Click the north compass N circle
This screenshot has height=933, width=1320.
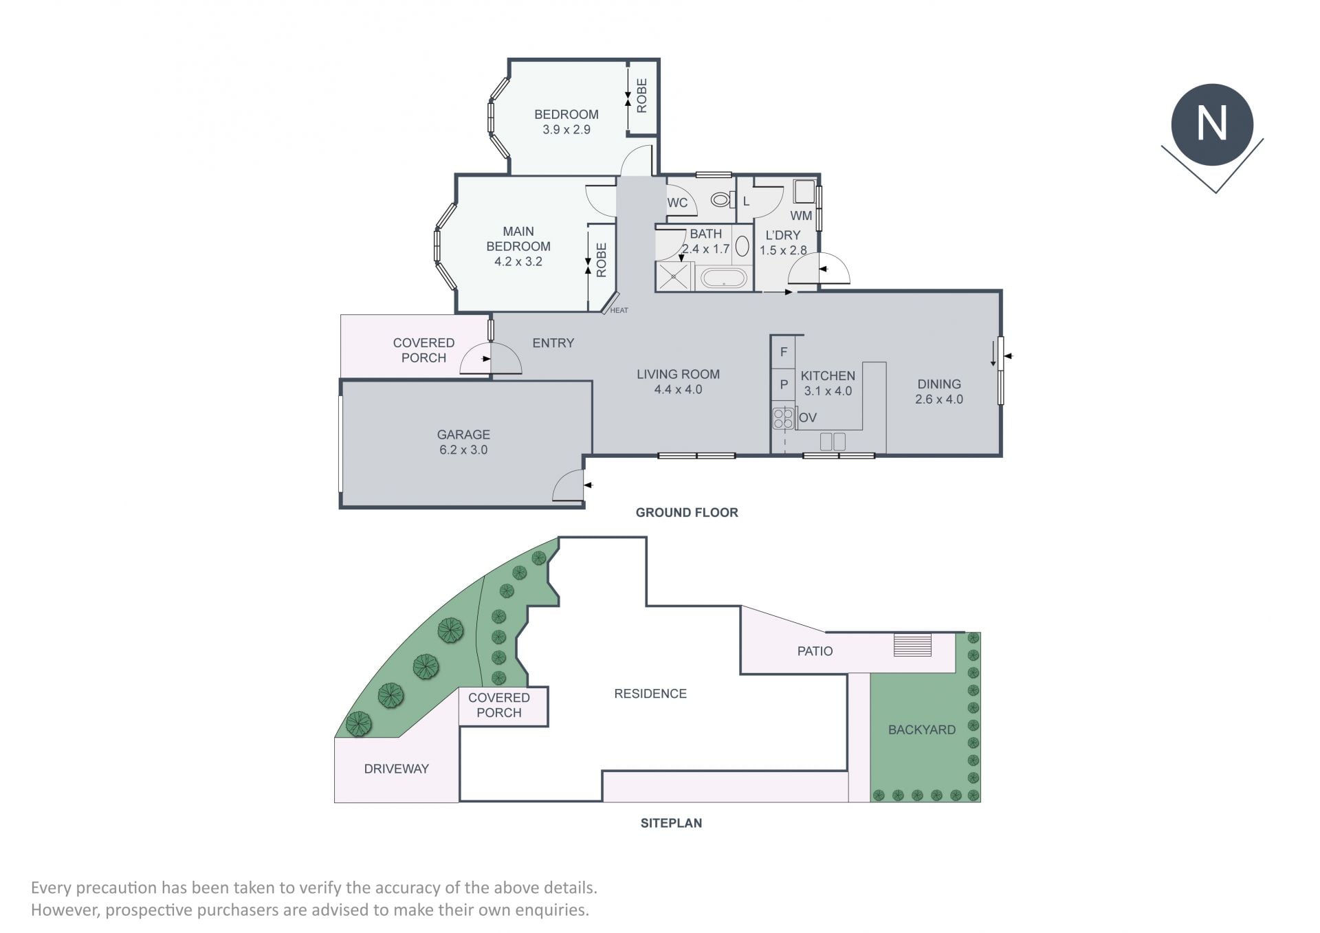pos(1212,124)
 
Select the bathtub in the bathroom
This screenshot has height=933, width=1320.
pos(723,278)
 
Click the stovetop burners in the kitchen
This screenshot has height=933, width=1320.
pos(782,418)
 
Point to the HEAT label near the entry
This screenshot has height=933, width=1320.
pos(619,310)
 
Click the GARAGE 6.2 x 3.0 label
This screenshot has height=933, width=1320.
pos(463,442)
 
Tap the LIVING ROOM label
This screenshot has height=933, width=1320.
pos(678,374)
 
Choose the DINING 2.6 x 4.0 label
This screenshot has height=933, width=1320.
pos(939,391)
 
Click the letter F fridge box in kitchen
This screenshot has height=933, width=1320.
pos(783,352)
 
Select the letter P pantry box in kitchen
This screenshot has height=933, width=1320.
pos(783,385)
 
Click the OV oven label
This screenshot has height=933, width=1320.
pos(808,417)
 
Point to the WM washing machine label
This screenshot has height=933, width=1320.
pos(802,215)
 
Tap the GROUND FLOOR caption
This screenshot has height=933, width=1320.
pos(687,512)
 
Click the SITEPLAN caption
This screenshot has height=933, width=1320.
pos(671,823)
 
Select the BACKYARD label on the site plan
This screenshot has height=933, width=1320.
pos(922,729)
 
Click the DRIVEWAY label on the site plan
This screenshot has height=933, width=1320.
pos(397,769)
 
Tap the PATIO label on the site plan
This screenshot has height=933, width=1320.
pos(815,650)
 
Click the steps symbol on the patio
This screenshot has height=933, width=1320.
pos(913,645)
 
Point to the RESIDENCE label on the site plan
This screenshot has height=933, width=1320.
pos(650,694)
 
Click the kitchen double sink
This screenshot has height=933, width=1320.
pos(833,441)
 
